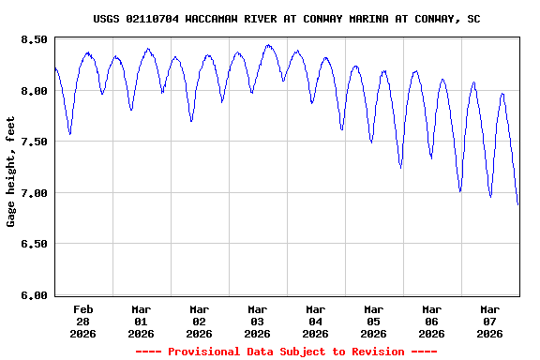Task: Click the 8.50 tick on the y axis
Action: coord(34,39)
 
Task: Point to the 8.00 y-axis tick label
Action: coord(34,91)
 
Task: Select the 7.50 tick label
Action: coord(34,142)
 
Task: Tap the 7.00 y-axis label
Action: coord(34,193)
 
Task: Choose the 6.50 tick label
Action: coord(34,244)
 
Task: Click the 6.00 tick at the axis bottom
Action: coord(34,295)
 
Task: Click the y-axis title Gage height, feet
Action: coord(11,172)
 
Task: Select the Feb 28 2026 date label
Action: coord(83,321)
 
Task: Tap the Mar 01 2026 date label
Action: coord(142,321)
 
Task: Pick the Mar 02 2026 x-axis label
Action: coord(200,321)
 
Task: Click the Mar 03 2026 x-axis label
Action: coord(258,321)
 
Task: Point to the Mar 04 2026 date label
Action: coord(316,321)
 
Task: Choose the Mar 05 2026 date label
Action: coord(374,321)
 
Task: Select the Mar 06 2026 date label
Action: coord(432,321)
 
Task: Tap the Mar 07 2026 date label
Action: coord(490,321)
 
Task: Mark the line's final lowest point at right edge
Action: coord(518,204)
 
